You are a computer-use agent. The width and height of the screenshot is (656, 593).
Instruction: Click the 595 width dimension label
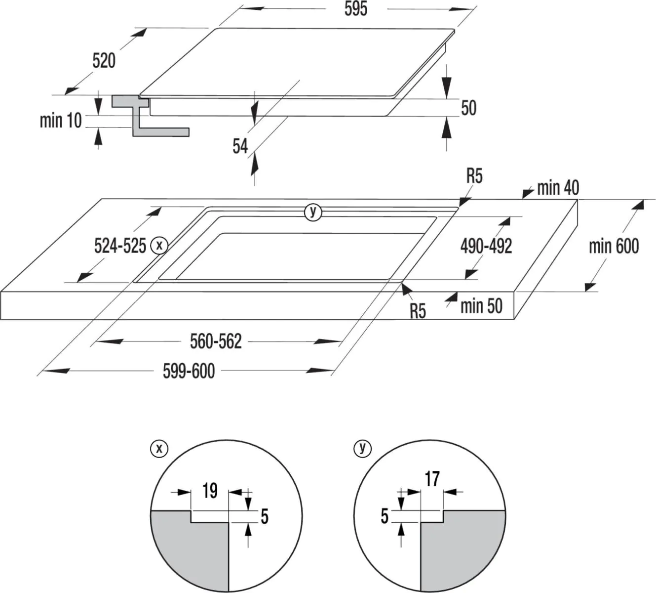point(356,9)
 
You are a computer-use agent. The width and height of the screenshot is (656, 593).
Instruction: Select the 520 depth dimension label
point(104,61)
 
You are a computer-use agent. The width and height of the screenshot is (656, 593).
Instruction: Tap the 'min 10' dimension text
point(60,121)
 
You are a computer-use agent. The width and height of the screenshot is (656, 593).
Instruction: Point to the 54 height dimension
point(240,146)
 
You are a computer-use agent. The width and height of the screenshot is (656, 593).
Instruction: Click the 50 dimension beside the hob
point(468,108)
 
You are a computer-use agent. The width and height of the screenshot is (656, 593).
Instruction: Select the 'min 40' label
point(558,188)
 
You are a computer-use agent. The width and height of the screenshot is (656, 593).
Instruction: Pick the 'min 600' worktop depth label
point(614,246)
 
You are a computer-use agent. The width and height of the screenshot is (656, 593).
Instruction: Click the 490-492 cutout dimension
point(486,246)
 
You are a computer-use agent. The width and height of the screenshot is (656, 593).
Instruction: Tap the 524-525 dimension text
point(120,245)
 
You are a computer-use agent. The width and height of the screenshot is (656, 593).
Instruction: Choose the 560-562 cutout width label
point(216,341)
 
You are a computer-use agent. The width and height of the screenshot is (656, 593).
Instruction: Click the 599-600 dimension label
point(189,371)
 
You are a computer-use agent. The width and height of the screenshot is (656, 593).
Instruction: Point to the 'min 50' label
point(481,306)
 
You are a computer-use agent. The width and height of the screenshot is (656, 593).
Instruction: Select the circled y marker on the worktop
point(312,212)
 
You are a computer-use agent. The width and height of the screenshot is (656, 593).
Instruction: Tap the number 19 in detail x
point(210,491)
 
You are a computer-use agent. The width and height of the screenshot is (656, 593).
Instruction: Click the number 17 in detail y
point(432,479)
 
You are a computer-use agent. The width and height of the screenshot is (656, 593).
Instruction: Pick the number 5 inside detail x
point(265,517)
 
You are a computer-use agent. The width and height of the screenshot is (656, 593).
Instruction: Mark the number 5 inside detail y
point(385,516)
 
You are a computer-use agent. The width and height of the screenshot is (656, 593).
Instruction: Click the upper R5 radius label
point(474,176)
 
